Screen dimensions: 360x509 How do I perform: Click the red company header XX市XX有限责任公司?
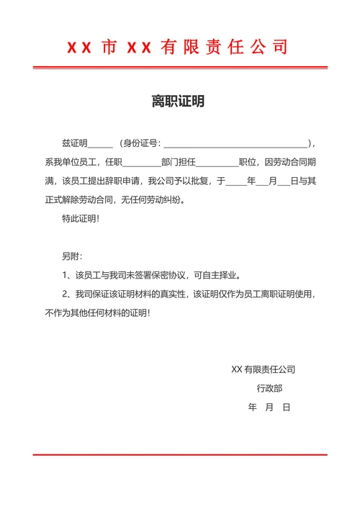coord(178,48)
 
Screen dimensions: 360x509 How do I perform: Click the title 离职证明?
coord(178,102)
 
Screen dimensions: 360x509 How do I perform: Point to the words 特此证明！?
coord(81,219)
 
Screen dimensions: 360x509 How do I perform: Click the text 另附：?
coord(72,256)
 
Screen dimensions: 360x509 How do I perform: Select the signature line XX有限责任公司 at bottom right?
coord(263,370)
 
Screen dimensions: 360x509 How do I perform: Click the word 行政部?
coord(269,389)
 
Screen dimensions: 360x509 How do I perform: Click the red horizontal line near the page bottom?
coord(180,454)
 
